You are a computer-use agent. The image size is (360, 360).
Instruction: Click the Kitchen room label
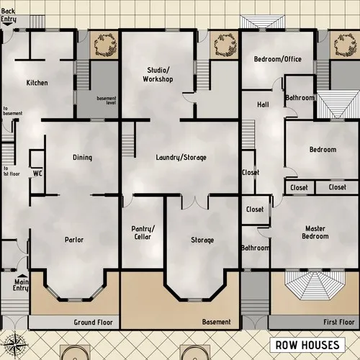[37, 83]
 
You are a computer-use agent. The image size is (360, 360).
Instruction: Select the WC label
[37, 173]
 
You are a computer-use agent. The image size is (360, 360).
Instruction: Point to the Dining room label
[82, 158]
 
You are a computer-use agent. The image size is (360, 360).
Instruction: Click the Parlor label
[75, 240]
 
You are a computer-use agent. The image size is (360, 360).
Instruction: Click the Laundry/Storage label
[181, 157]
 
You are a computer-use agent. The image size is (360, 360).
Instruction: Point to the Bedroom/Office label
[277, 59]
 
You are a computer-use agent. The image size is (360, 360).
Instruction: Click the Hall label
[264, 104]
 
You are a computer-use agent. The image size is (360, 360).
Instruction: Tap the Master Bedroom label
[314, 233]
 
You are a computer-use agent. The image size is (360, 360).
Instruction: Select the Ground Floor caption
[94, 322]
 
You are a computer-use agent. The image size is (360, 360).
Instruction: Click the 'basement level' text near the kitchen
[107, 100]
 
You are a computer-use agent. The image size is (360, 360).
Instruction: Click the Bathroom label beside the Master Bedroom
[255, 248]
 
